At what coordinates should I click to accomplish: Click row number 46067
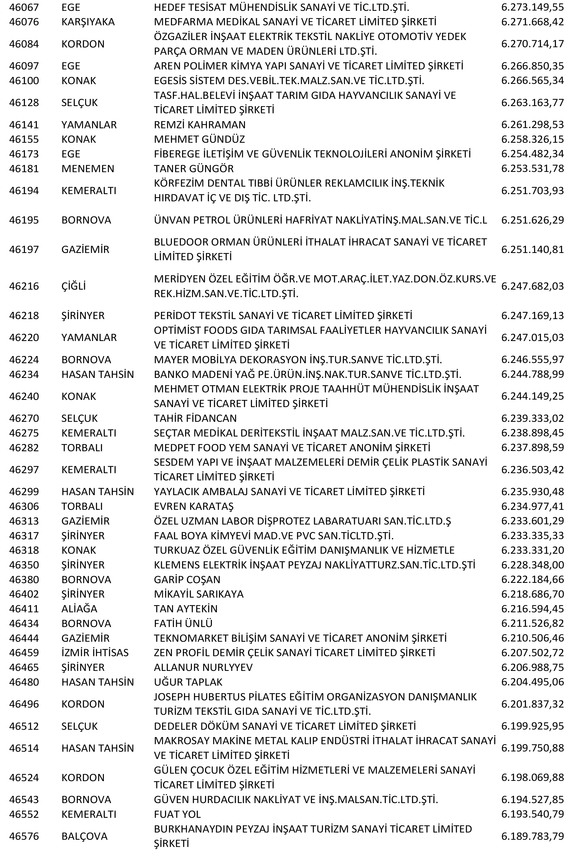[x=24, y=7]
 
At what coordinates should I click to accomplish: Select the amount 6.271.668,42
[x=532, y=22]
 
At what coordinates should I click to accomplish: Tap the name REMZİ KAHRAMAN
[x=200, y=125]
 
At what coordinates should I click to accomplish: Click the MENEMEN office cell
[x=88, y=169]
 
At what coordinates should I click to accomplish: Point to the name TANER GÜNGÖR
[x=194, y=169]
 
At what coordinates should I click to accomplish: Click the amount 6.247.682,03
[x=532, y=286]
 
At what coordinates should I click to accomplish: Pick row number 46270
[x=24, y=418]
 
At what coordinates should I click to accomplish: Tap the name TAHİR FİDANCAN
[x=195, y=418]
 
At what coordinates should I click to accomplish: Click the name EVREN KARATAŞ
[x=194, y=506]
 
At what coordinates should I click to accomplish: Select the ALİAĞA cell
[x=79, y=609]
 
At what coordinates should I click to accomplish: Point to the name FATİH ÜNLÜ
[x=183, y=623]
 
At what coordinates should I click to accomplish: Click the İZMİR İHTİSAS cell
[x=95, y=653]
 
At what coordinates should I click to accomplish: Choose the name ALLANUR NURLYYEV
[x=203, y=667]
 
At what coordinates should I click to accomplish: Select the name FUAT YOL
[x=177, y=814]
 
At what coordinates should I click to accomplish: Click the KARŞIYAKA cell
[x=88, y=22]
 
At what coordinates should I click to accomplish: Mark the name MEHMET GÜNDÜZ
[x=199, y=139]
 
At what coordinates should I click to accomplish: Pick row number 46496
[x=24, y=704]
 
